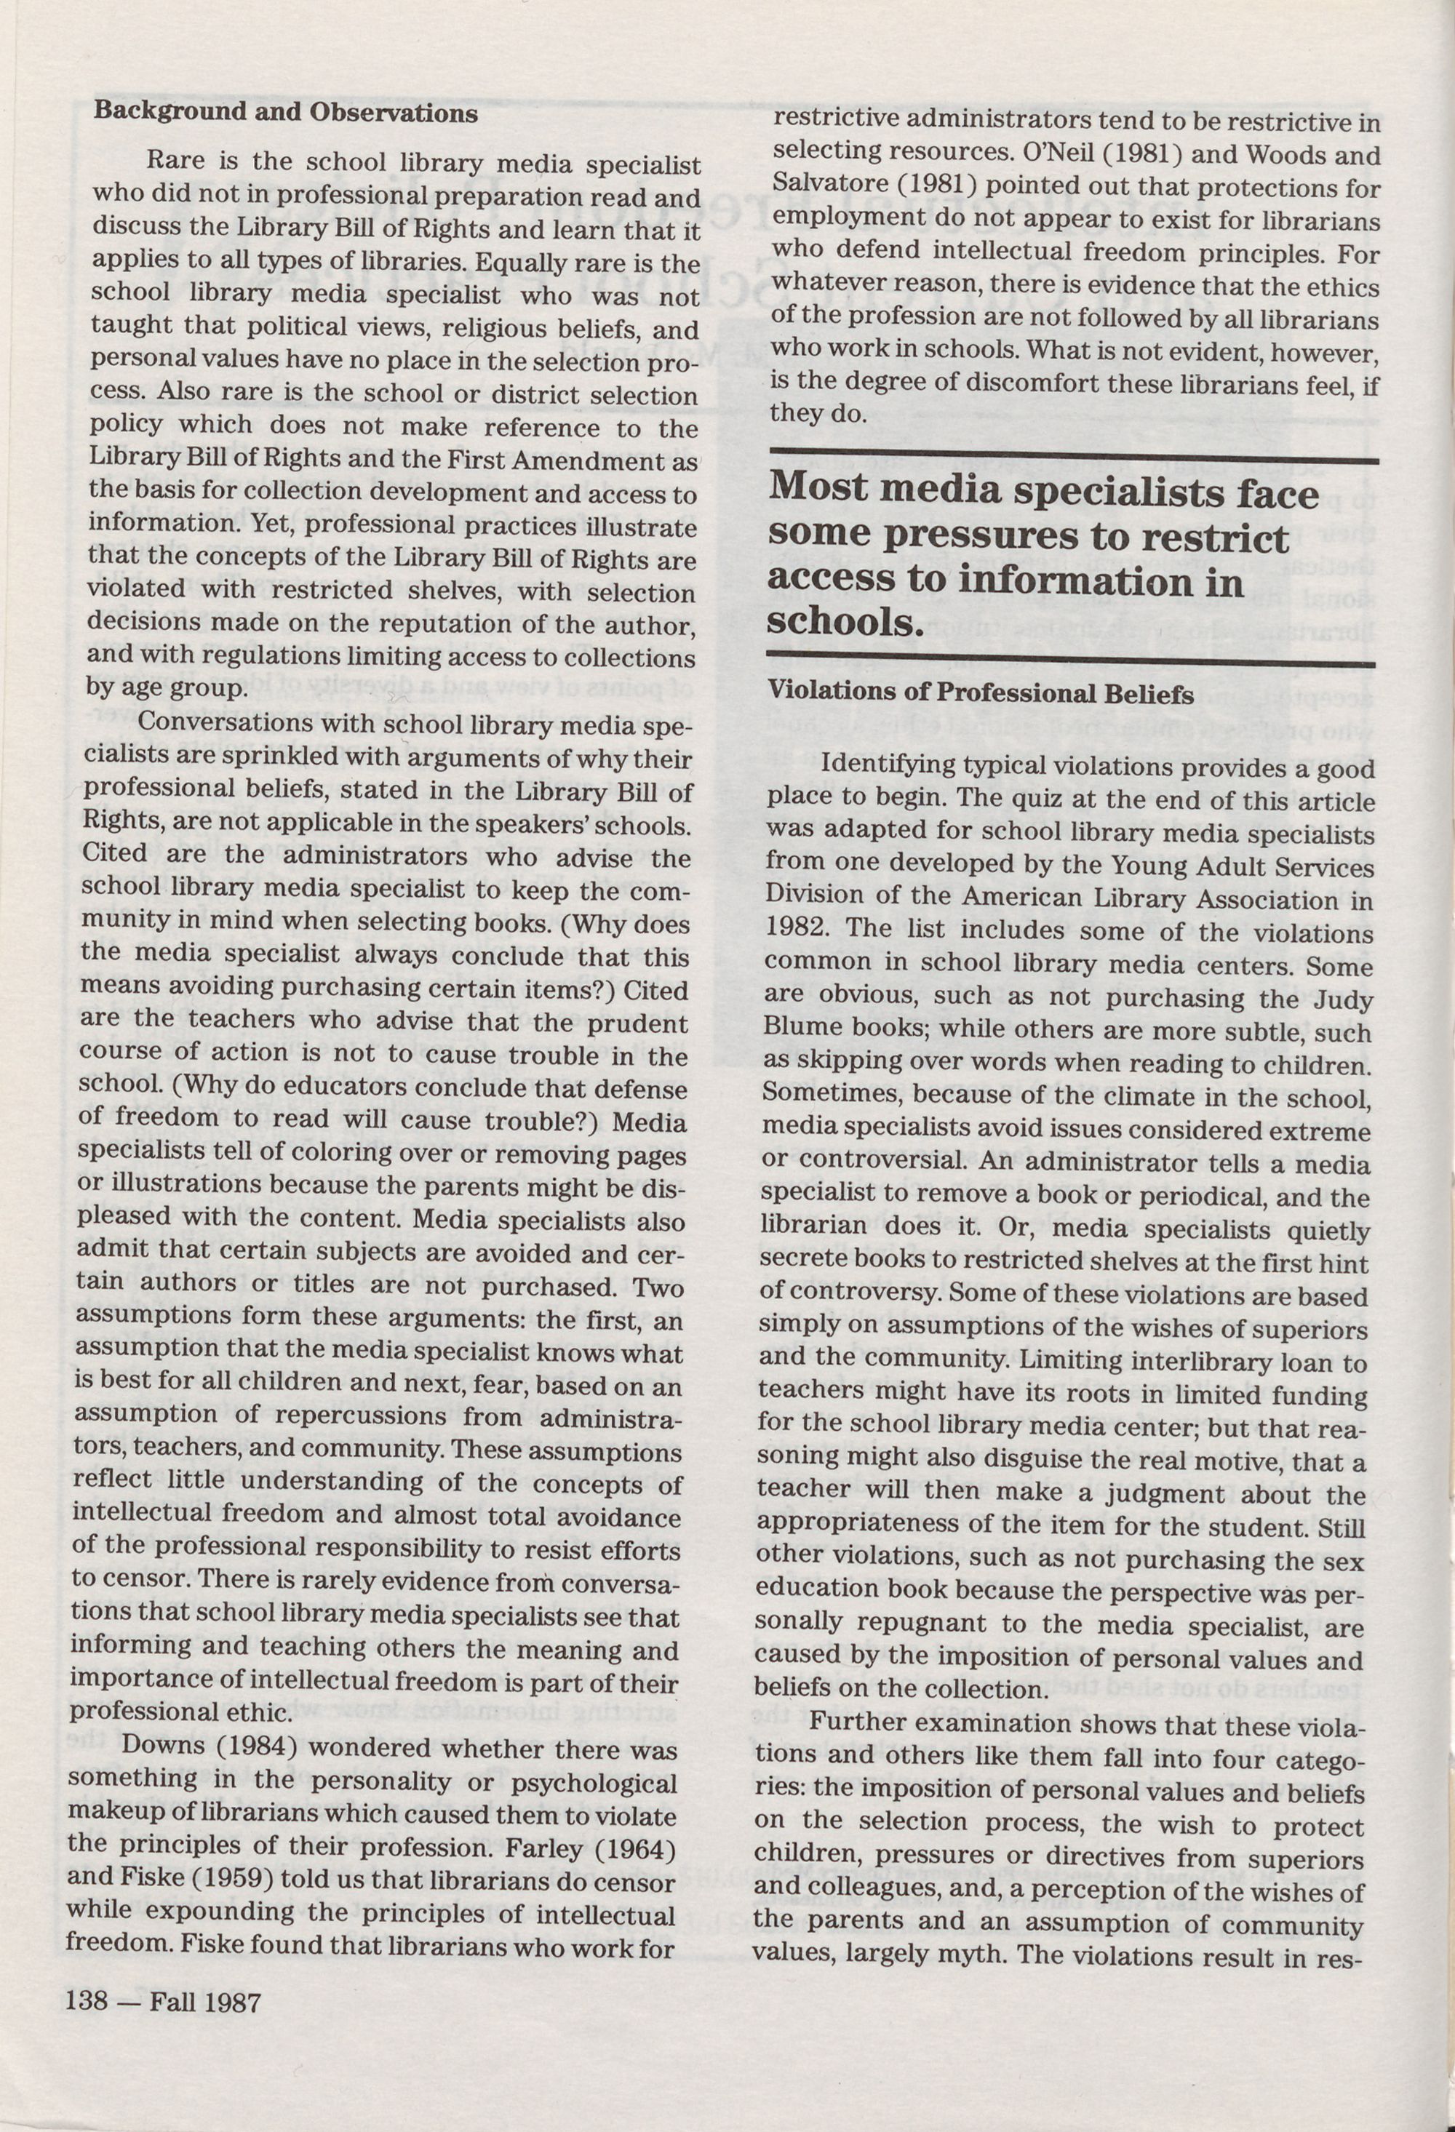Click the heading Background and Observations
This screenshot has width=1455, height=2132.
[285, 113]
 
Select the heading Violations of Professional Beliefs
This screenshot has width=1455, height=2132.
[981, 693]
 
